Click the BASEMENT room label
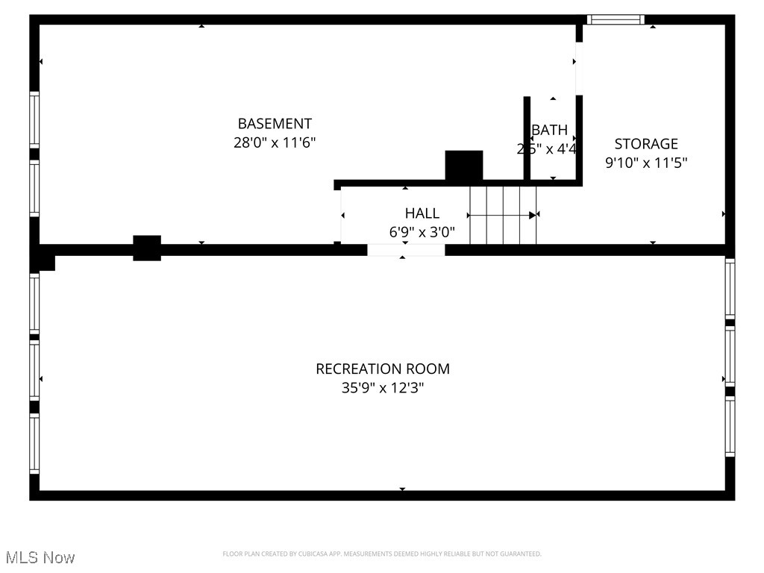pos(275,124)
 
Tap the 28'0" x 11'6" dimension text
pos(275,143)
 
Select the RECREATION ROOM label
pos(383,369)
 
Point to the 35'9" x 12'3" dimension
pos(383,388)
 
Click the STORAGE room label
pos(646,144)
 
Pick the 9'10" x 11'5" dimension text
pos(646,163)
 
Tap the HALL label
pos(422,213)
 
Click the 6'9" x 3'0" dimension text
pos(422,232)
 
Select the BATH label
pos(550,130)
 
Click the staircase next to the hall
pos(503,215)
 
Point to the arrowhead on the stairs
pos(533,215)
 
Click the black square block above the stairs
pos(464,165)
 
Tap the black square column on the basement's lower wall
pos(147,248)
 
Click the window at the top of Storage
pos(616,19)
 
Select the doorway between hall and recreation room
pos(406,250)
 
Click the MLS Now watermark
pos(40,557)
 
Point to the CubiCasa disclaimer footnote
pos(382,554)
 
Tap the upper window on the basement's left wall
pos(34,119)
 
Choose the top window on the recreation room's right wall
pos(730,289)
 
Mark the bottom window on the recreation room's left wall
pos(34,444)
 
